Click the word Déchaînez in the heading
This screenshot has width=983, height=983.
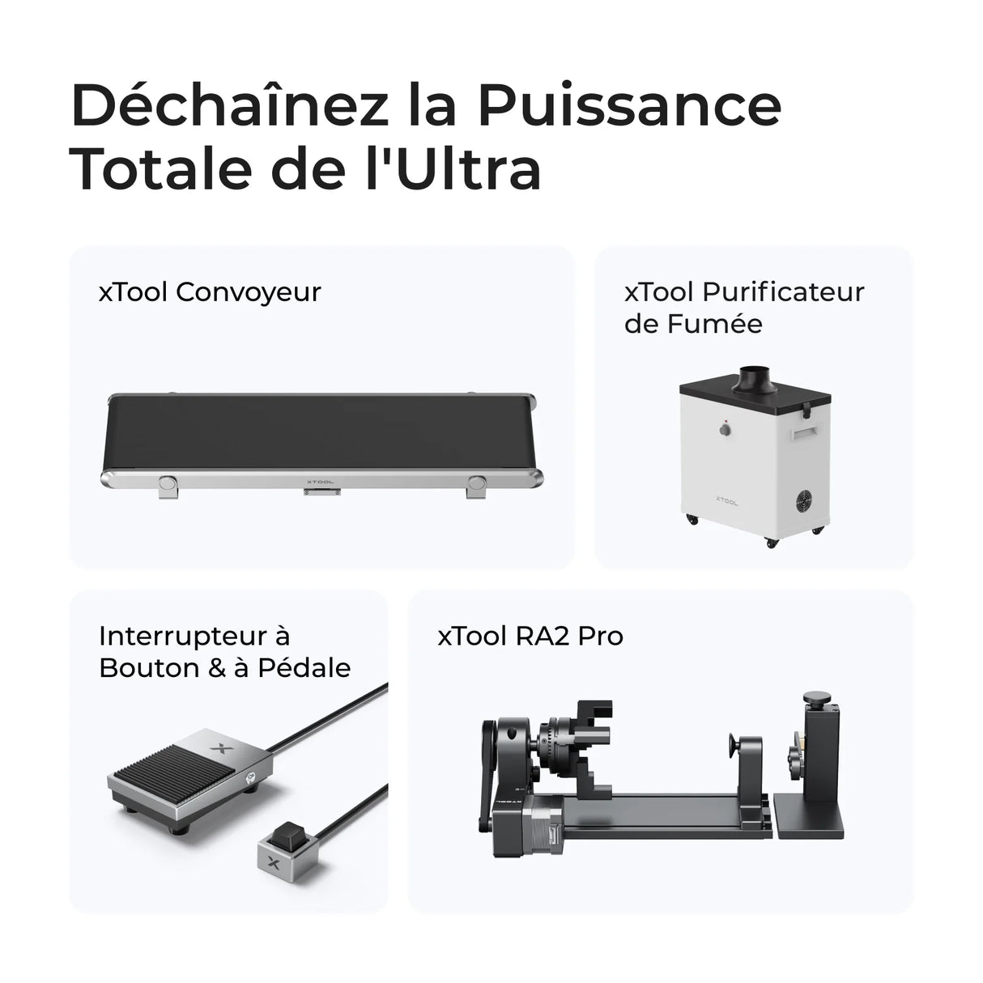230,105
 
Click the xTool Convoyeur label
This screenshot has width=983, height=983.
210,291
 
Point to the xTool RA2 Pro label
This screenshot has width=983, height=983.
530,636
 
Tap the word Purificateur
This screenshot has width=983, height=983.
782,291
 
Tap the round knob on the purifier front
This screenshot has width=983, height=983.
726,432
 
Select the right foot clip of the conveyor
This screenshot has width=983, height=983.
477,485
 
